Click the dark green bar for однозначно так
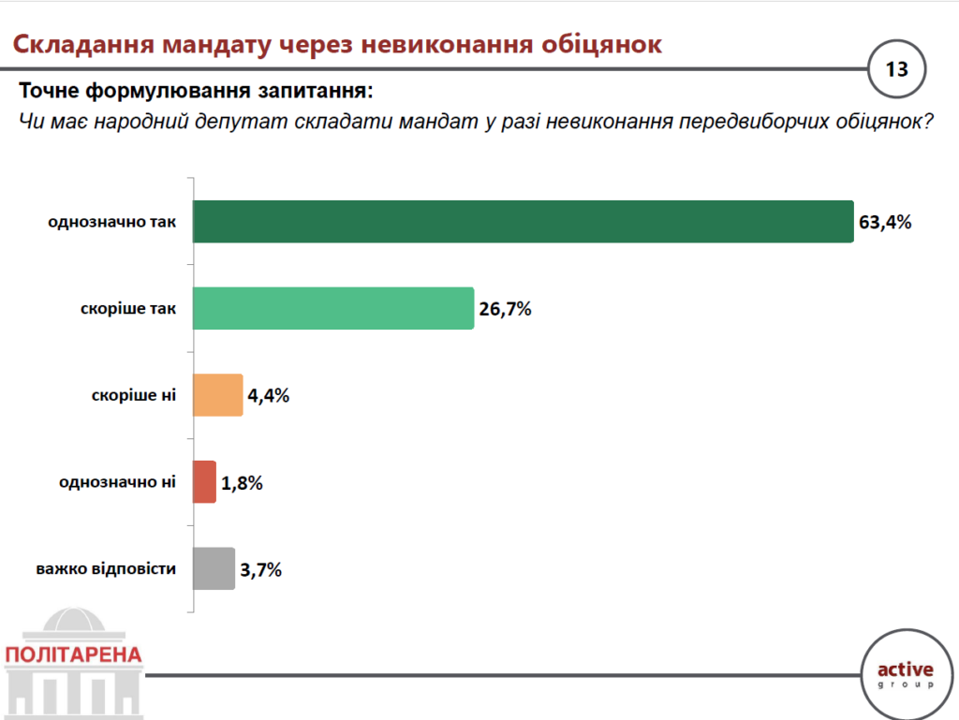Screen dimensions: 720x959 (x=523, y=222)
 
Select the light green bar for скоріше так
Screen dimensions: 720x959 (x=333, y=309)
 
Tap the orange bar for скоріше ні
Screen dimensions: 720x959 (x=217, y=395)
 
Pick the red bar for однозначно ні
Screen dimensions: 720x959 (x=204, y=482)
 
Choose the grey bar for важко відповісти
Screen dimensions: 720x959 (x=214, y=568)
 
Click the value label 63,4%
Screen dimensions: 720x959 (x=885, y=223)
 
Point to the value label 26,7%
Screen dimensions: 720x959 (x=505, y=309)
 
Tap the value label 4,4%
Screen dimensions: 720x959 (x=269, y=396)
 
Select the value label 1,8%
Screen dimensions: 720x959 (x=243, y=483)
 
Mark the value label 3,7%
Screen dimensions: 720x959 (x=261, y=569)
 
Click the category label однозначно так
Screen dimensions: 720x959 (x=111, y=223)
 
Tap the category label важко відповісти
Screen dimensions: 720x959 (x=106, y=569)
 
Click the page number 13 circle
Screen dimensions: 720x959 (x=896, y=69)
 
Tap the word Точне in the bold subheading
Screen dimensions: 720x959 (x=52, y=92)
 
